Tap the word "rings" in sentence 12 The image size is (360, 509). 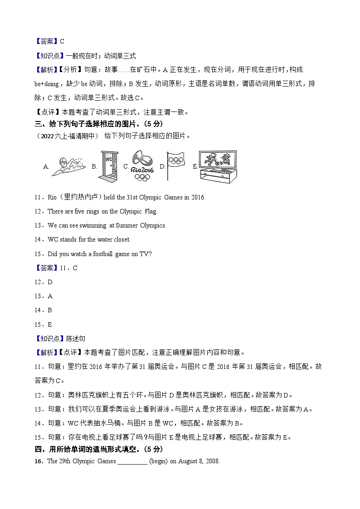point(99,211)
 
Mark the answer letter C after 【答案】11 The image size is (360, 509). point(75,268)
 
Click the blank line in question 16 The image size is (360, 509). point(132,461)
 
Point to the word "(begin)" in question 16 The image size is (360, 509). point(160,461)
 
